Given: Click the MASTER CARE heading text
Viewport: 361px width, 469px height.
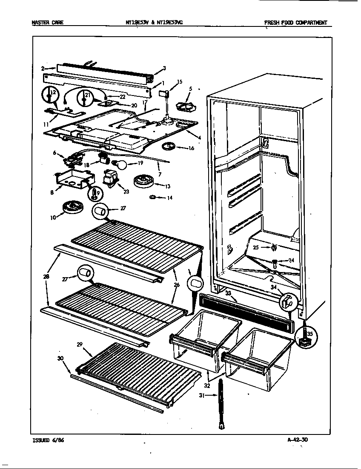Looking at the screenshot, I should (x=47, y=23).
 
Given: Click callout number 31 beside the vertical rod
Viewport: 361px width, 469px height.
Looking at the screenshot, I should (x=201, y=395).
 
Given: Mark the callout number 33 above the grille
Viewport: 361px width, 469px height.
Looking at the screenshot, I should (x=228, y=293).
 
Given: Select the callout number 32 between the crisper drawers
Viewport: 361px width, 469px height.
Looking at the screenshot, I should (x=207, y=385).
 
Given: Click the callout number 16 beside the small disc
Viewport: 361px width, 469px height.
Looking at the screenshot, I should (x=191, y=148).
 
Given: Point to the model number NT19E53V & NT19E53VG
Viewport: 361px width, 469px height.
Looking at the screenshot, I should (x=160, y=23).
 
